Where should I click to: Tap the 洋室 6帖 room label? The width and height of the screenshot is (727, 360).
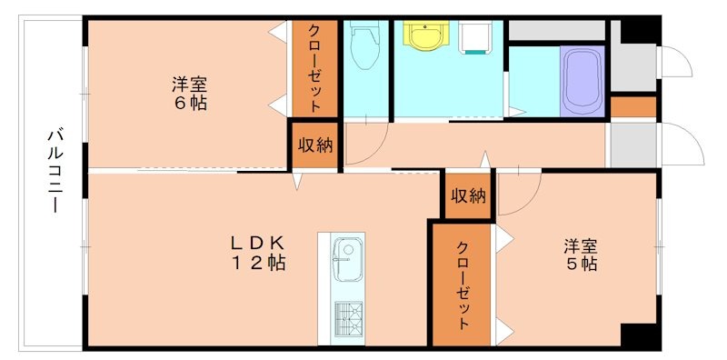(190, 94)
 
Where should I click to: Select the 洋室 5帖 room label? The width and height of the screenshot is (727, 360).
(579, 255)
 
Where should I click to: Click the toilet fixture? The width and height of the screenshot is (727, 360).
(365, 45)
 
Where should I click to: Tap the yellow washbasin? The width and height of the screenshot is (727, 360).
(424, 36)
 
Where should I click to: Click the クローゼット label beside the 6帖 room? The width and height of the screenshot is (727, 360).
(314, 67)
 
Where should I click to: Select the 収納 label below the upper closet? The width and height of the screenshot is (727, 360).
(314, 145)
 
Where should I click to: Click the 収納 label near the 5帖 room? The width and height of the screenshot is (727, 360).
(468, 195)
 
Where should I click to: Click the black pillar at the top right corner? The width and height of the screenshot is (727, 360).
(640, 30)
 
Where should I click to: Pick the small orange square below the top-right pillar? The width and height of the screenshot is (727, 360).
(632, 106)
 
